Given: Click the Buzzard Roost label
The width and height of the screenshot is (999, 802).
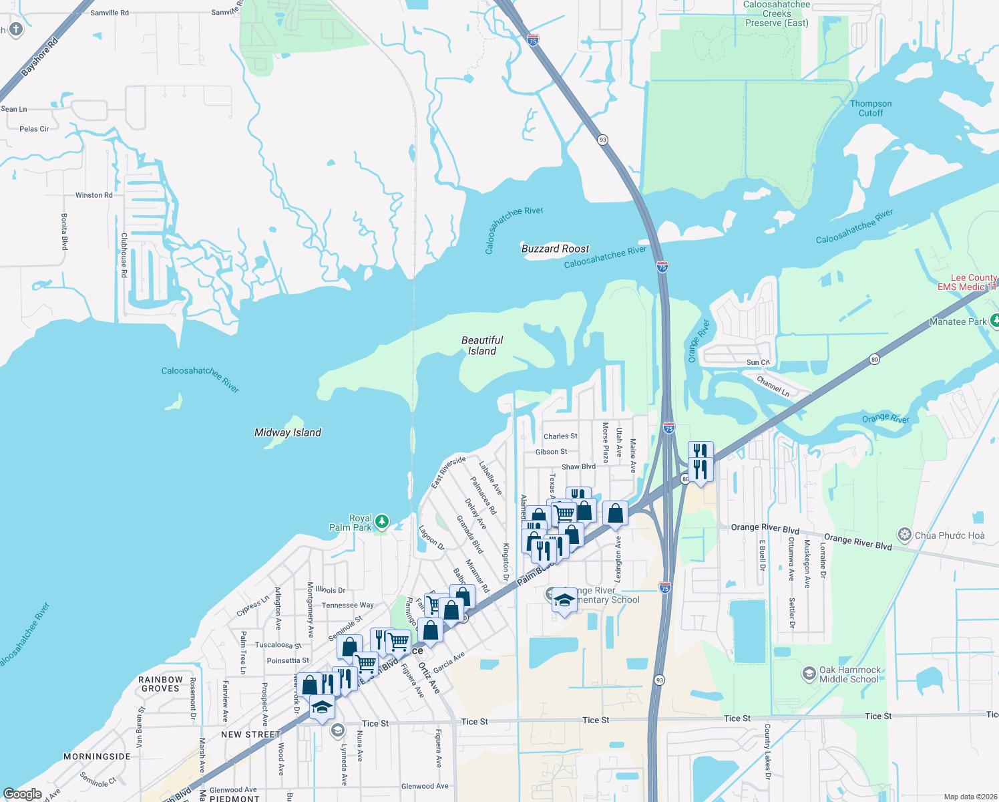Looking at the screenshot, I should point(555,249).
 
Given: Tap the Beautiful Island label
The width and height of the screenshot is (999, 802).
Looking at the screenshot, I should point(482,346).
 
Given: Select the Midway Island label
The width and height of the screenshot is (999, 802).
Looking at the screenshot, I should point(288,432).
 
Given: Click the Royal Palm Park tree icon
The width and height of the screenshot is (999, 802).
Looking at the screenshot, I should point(381,521).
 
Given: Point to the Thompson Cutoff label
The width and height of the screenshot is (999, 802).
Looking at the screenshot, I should point(871,108).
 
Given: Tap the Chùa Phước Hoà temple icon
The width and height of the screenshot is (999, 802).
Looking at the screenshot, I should point(905,535).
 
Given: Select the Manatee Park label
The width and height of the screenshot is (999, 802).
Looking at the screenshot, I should point(958,321).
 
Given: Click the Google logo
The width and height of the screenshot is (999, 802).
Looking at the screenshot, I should point(23,794).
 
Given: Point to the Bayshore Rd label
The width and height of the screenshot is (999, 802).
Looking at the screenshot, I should point(40,57).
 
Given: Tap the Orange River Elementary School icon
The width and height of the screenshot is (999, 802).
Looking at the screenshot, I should point(564,599).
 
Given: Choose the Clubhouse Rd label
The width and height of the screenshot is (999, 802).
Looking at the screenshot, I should point(124,255).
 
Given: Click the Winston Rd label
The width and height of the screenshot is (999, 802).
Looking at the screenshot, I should point(93,195).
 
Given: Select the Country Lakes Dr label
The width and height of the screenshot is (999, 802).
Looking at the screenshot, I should point(767,751).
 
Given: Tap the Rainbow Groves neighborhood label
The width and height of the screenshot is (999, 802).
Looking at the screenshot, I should point(160,684).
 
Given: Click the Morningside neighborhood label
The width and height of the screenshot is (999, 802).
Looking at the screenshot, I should point(97,757).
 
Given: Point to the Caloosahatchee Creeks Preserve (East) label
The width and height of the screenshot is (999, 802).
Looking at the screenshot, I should point(777,14).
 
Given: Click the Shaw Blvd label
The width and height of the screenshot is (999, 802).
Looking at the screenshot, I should point(578,467).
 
